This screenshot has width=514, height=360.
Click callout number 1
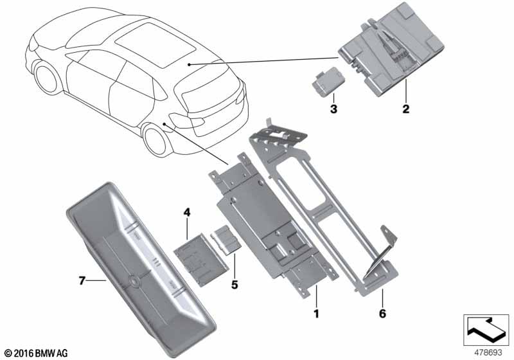pos(316,314)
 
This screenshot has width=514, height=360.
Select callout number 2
pos(406,109)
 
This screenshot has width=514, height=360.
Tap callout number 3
pos(333,109)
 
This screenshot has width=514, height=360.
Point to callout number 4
pos(186,212)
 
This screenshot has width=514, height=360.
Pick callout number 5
pos(235,285)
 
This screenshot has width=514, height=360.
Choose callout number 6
pos(382,314)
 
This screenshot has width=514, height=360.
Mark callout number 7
pos(82,281)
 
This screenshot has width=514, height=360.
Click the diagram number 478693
pos(488,352)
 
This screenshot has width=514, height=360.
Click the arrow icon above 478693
pos(486,330)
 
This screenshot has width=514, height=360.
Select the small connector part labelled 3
pos(325,81)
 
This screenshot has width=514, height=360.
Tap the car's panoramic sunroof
pos(155,45)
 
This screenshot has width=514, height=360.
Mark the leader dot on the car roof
pos(189,64)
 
